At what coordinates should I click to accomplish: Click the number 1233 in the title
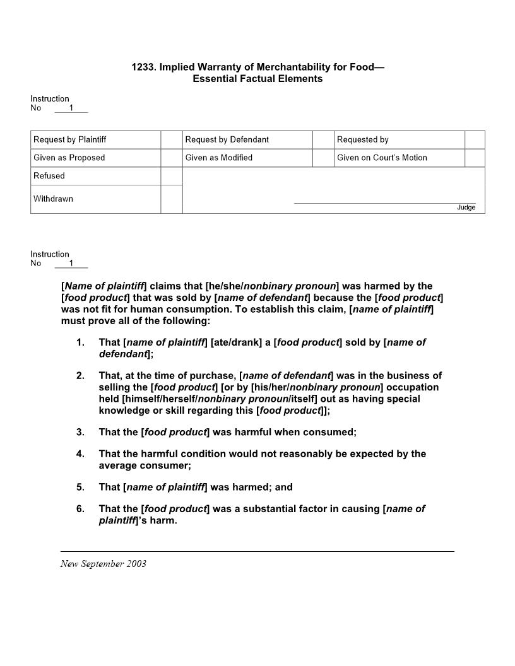coord(143,67)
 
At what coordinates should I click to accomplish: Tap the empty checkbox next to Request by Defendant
coord(323,139)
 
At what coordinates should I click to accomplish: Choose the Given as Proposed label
coord(69,158)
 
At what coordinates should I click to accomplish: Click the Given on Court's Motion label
coord(382,158)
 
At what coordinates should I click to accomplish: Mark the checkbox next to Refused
coord(171,176)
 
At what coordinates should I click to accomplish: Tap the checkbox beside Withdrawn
coord(171,199)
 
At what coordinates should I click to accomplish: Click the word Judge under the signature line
coord(466,207)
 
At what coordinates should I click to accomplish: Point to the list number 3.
coord(80,432)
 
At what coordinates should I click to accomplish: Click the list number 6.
coord(80,508)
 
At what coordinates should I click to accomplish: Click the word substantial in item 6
coord(261,508)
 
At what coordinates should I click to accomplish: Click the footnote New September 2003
coord(104,564)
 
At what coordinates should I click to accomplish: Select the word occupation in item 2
coord(412,387)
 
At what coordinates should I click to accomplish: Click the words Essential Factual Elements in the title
coord(257,79)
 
